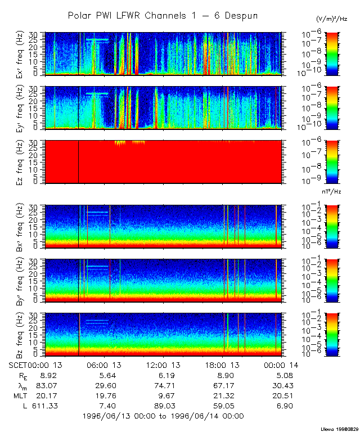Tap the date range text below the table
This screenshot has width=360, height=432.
click(163, 416)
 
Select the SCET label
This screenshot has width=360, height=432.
click(19, 365)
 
